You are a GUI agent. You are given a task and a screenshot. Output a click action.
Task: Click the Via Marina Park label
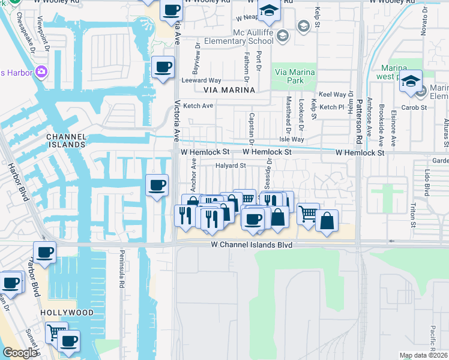tap(294, 77)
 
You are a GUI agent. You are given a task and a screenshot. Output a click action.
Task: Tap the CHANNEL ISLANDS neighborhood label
tap(67, 140)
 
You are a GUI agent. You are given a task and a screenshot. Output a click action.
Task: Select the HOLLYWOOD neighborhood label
tap(67, 313)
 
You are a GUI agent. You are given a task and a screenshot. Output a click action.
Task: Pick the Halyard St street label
tap(231, 166)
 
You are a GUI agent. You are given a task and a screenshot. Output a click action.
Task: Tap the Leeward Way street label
tap(202, 80)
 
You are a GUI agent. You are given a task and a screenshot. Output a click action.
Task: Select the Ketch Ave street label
tap(199, 106)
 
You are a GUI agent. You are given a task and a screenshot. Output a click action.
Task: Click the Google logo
tap(20, 353)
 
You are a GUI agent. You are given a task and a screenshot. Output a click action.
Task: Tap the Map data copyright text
tap(424, 355)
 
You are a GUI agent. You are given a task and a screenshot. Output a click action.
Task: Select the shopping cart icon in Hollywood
tap(56, 331)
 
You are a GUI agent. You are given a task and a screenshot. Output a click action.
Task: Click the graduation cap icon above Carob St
tap(411, 81)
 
